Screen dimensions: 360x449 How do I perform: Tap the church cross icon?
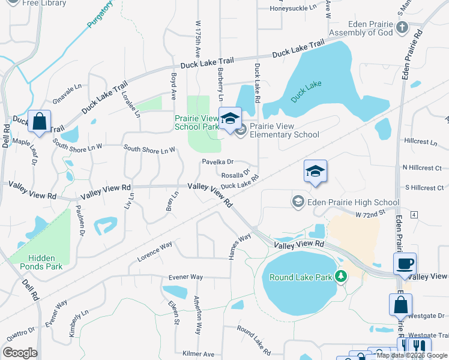point(402,28)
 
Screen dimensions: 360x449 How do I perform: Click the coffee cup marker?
point(405,263)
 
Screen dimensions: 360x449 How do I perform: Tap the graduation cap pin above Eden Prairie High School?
point(315,171)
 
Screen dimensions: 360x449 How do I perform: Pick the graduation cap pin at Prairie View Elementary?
point(229,118)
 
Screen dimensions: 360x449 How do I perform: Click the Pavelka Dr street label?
point(217,162)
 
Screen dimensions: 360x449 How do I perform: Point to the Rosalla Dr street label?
point(235,175)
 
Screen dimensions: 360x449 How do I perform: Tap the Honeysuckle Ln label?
point(292,8)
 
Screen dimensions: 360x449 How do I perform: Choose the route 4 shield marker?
point(414,214)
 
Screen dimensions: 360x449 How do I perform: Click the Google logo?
point(20,353)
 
